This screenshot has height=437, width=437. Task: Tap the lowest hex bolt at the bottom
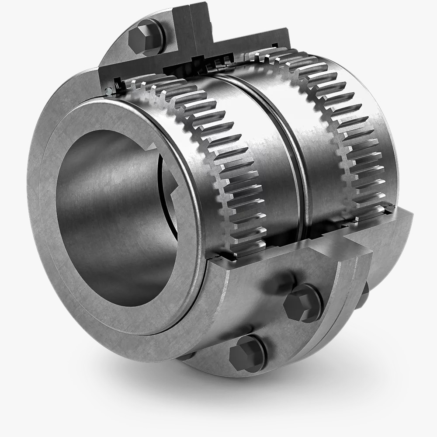[x=247, y=354]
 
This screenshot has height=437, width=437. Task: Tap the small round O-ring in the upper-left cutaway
[x=108, y=91]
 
